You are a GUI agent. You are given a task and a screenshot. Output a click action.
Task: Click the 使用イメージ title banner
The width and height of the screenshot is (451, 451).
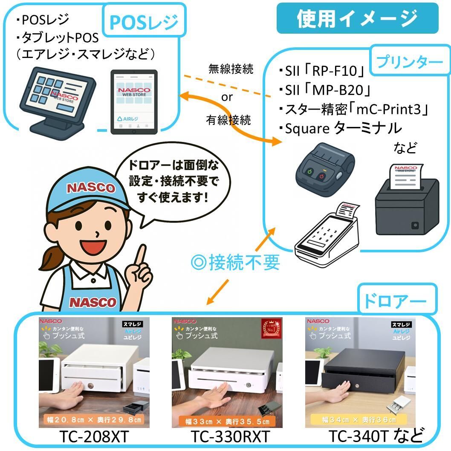[x=357, y=18]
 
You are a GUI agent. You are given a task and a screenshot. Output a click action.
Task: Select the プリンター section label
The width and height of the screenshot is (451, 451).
[x=409, y=62]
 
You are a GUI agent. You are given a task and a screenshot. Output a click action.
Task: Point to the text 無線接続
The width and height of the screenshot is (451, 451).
[x=230, y=69]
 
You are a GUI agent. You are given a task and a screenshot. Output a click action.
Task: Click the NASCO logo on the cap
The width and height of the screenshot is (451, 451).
[x=91, y=188]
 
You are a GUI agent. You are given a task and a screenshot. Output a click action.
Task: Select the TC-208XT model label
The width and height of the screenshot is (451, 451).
[x=94, y=437]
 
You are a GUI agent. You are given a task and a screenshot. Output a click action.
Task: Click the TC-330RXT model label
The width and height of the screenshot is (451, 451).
[x=230, y=437]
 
